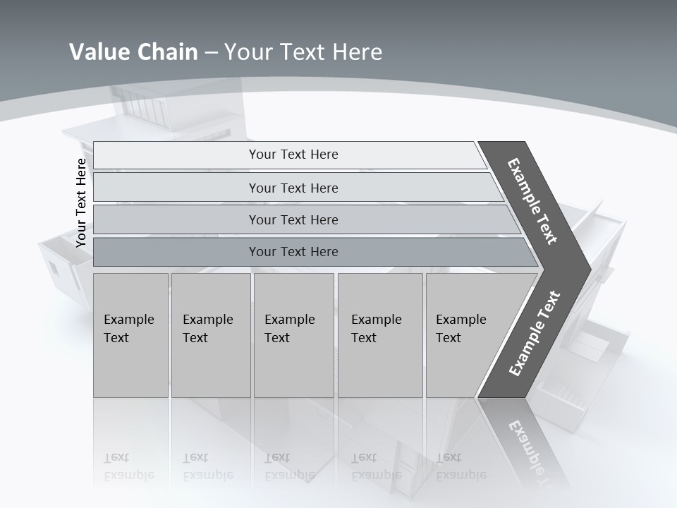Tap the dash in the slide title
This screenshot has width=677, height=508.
211,53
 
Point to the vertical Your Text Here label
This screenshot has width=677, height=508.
81,202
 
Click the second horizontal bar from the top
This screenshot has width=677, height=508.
293,188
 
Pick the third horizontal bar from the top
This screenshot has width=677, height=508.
293,219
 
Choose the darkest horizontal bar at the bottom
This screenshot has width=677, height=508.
293,252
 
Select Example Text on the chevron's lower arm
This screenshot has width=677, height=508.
535,334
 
